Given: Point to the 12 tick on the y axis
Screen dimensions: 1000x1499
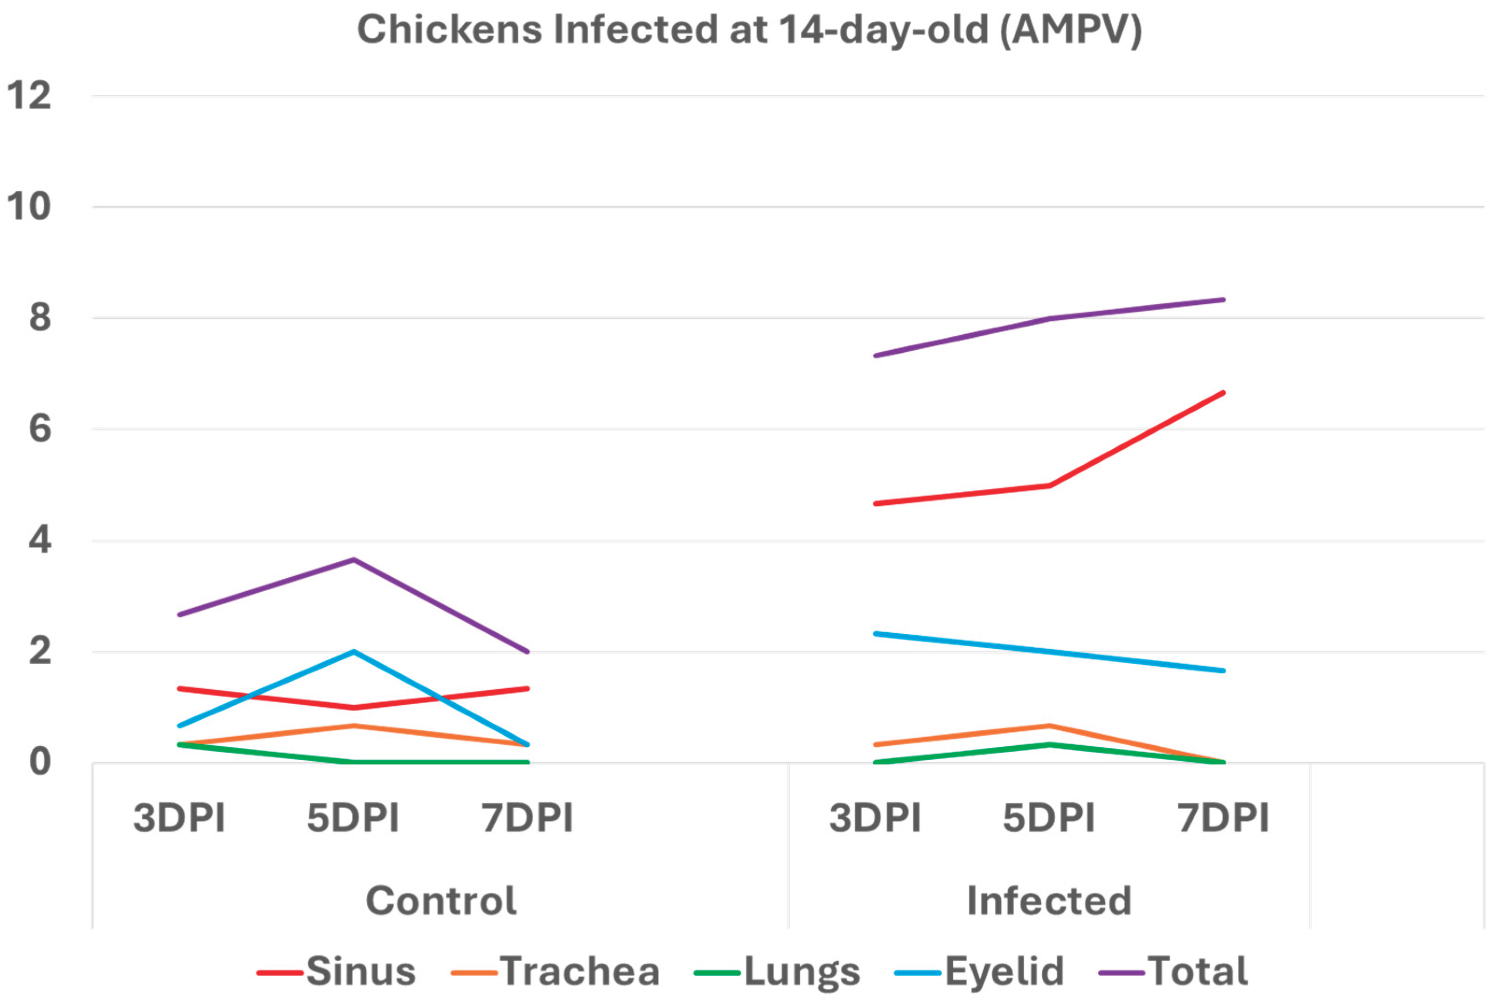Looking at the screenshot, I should tap(28, 96).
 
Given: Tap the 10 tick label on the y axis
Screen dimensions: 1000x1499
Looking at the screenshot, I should tap(28, 207).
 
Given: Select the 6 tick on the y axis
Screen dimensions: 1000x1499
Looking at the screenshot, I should tap(40, 428).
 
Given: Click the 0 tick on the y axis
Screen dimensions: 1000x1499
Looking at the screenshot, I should tap(40, 762).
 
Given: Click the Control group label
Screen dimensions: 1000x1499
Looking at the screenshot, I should tap(440, 901).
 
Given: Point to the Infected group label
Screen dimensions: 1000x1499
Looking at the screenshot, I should tap(1049, 901).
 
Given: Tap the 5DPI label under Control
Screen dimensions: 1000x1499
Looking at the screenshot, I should tap(353, 818).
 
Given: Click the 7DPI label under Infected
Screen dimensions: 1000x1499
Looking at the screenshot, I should tap(1223, 818).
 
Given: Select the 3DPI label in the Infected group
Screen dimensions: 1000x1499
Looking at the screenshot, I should tap(875, 818).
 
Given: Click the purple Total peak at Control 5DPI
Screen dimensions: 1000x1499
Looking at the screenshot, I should tap(353, 560).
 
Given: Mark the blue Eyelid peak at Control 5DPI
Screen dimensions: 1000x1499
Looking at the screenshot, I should tap(353, 651).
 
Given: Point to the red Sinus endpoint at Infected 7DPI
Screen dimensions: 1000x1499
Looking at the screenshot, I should tap(1223, 392).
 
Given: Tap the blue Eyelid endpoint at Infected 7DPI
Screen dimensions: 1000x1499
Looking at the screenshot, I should tap(1223, 670).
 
